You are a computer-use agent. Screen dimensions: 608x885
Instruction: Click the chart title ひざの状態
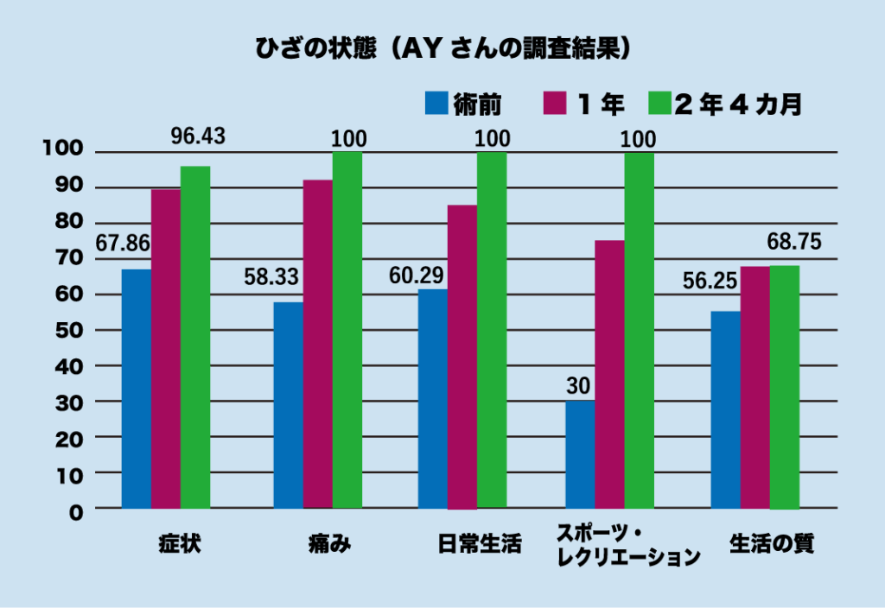point(316,47)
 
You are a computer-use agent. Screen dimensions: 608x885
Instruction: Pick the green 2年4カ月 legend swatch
point(659,104)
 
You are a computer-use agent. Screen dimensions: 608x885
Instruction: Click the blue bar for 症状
point(136,389)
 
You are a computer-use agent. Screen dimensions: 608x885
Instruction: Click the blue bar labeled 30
point(580,454)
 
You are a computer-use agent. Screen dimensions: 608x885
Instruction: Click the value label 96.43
point(197,136)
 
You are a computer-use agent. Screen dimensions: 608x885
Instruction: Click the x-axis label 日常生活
point(480,544)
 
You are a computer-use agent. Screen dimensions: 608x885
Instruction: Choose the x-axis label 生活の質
point(772,544)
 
